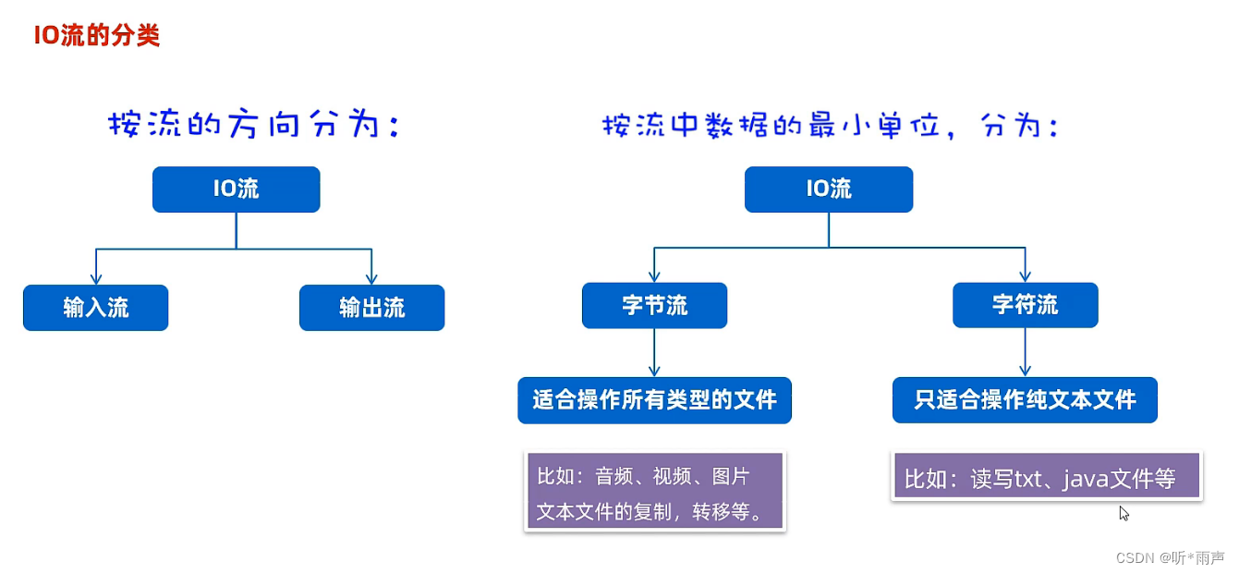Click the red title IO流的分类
pos(97,35)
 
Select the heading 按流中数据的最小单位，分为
pos(829,125)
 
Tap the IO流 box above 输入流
pos(236,189)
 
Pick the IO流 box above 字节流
pos(829,189)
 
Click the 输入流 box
pos(95,308)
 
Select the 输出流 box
pos(371,308)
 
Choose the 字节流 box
pos(654,306)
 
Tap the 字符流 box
pos(1025,305)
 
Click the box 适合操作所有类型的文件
pos(654,400)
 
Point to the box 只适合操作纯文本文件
pos(1025,400)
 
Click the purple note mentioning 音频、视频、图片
pos(654,491)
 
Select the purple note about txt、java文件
pos(1046,477)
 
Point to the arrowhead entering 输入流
pos(95,278)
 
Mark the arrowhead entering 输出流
pos(371,278)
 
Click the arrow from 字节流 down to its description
pos(654,352)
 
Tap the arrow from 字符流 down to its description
pos(1025,352)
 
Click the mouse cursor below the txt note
pos(1124,513)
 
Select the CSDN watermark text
pos(1170,557)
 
